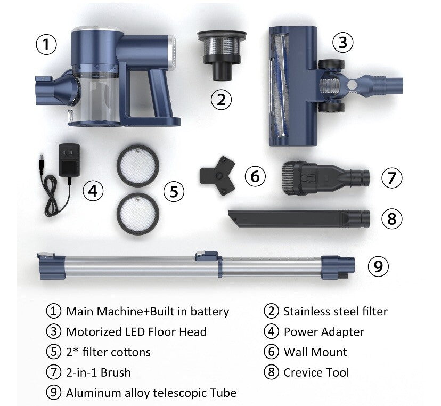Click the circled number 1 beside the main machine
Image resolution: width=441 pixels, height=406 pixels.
(46, 44)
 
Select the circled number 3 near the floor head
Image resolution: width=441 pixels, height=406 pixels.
(343, 43)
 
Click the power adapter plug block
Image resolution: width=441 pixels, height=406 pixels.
(69, 160)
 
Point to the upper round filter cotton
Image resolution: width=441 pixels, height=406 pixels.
(138, 166)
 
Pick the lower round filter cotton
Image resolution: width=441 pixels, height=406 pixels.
(138, 214)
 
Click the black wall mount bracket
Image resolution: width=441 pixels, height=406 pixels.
(217, 176)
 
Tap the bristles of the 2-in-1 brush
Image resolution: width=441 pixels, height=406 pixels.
(288, 178)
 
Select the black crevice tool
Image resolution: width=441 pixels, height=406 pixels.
(299, 218)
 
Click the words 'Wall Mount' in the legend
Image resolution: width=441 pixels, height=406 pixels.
(315, 352)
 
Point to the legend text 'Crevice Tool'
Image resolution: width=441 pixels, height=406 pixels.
(316, 372)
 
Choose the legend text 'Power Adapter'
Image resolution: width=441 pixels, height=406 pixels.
(324, 332)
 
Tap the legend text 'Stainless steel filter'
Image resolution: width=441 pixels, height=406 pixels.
(336, 312)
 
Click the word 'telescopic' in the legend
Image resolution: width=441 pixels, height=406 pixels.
(181, 393)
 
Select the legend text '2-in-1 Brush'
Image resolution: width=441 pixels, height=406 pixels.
(99, 372)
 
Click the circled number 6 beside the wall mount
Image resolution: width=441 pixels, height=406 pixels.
(255, 176)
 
